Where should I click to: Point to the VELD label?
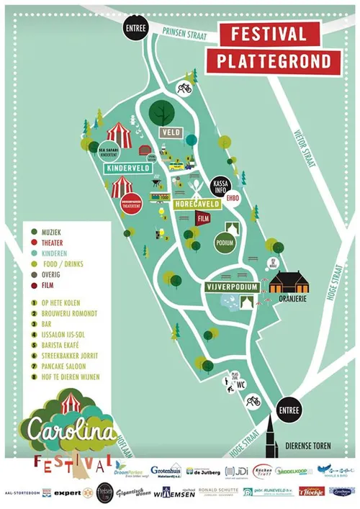coord(171,133)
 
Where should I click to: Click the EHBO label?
coord(232,197)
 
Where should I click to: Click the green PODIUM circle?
coord(225,243)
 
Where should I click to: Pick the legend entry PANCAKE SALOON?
coord(55,365)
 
